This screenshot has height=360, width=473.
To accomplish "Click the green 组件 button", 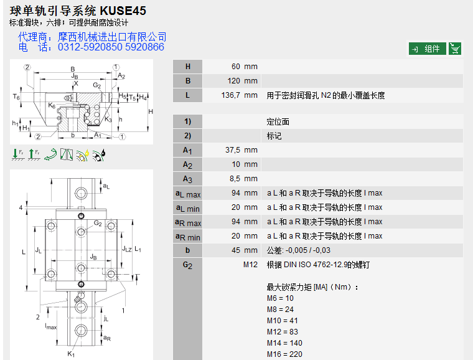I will [427, 49].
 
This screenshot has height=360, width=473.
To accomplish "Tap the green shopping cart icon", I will [455, 49].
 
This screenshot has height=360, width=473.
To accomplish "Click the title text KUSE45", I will [124, 11].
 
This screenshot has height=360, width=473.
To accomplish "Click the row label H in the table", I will [188, 67].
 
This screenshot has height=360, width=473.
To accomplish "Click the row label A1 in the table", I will [188, 150].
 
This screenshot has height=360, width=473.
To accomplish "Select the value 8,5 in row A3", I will [234, 179].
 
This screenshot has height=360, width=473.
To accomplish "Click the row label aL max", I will [188, 194].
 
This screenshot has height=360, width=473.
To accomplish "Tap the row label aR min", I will [188, 237].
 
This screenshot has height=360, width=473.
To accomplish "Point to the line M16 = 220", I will [284, 354].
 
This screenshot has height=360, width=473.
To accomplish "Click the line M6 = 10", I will [280, 298].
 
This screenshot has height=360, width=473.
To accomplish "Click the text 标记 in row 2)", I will [274, 136].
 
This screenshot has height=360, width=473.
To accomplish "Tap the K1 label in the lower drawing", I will [71, 354].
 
